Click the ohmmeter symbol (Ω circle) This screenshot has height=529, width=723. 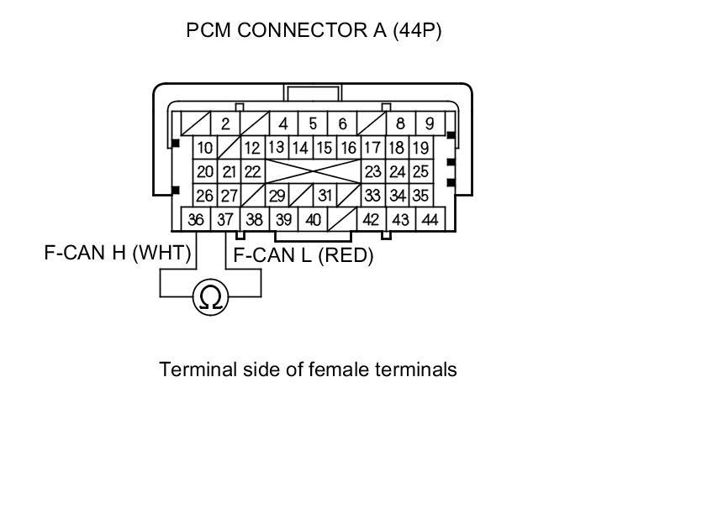[211, 298]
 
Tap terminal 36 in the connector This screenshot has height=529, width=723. [196, 220]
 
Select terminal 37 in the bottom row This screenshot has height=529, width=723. [225, 220]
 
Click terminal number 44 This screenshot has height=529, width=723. [430, 220]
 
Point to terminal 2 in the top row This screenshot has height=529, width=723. [225, 124]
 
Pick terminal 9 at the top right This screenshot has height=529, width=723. [430, 124]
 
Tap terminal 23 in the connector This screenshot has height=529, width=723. [372, 172]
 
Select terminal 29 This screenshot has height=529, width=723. [277, 196]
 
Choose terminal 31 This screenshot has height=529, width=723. [325, 196]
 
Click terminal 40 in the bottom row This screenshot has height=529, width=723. [313, 220]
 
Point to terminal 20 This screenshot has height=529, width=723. [205, 172]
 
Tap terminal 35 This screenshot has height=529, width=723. [421, 196]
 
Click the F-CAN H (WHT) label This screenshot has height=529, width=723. [118, 252]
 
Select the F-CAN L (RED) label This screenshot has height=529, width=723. [303, 255]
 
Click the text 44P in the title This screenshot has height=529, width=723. [418, 32]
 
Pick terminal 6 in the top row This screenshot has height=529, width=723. [342, 124]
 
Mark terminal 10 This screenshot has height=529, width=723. [205, 149]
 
